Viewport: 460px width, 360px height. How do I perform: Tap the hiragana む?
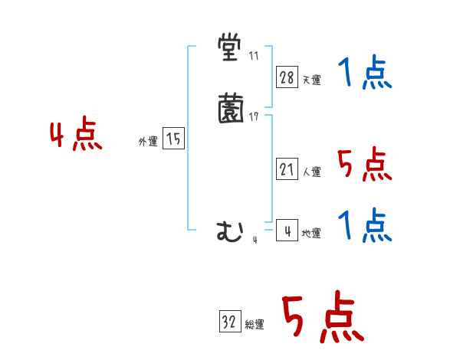(230, 231)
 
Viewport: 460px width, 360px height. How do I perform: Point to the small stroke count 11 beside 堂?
(254, 56)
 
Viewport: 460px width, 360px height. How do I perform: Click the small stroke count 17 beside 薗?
(254, 116)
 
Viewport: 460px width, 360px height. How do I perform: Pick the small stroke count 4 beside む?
(255, 240)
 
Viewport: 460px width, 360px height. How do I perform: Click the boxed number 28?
(287, 77)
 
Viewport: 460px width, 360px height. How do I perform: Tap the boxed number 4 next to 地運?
(287, 231)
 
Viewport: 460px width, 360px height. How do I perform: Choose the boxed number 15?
(174, 139)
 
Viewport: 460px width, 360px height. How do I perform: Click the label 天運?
(311, 80)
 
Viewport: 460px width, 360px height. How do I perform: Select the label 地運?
(311, 233)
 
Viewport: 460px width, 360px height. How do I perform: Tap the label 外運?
(148, 142)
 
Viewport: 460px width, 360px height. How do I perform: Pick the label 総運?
(255, 324)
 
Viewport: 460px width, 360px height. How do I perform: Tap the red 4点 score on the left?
(76, 136)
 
